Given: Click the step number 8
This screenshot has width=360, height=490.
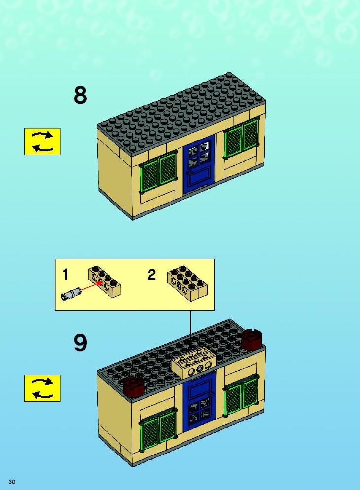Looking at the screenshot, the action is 80,95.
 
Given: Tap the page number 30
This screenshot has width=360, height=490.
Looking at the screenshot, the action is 12,482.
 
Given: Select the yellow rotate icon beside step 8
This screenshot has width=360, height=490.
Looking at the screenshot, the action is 42,141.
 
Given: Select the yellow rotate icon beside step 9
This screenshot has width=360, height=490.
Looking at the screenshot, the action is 42,388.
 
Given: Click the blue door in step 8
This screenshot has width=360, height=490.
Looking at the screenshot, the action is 199,164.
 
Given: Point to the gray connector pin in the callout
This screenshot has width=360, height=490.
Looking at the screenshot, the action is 71,294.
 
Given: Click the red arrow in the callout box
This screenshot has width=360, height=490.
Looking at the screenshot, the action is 92,287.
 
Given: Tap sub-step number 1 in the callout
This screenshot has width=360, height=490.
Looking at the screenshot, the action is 65,275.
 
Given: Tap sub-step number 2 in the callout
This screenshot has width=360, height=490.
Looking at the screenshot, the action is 151,275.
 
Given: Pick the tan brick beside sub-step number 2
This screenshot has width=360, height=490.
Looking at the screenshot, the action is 187,283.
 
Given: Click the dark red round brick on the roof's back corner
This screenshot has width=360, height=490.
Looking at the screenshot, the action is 252,338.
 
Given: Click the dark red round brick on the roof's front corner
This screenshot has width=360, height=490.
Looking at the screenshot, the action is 134,385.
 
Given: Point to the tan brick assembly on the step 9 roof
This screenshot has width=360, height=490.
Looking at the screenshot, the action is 194,362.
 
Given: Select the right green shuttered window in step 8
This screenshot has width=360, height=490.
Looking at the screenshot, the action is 242,138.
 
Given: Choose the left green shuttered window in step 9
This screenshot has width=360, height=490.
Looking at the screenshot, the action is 158,429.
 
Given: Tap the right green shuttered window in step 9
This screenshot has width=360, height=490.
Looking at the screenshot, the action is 242,395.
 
